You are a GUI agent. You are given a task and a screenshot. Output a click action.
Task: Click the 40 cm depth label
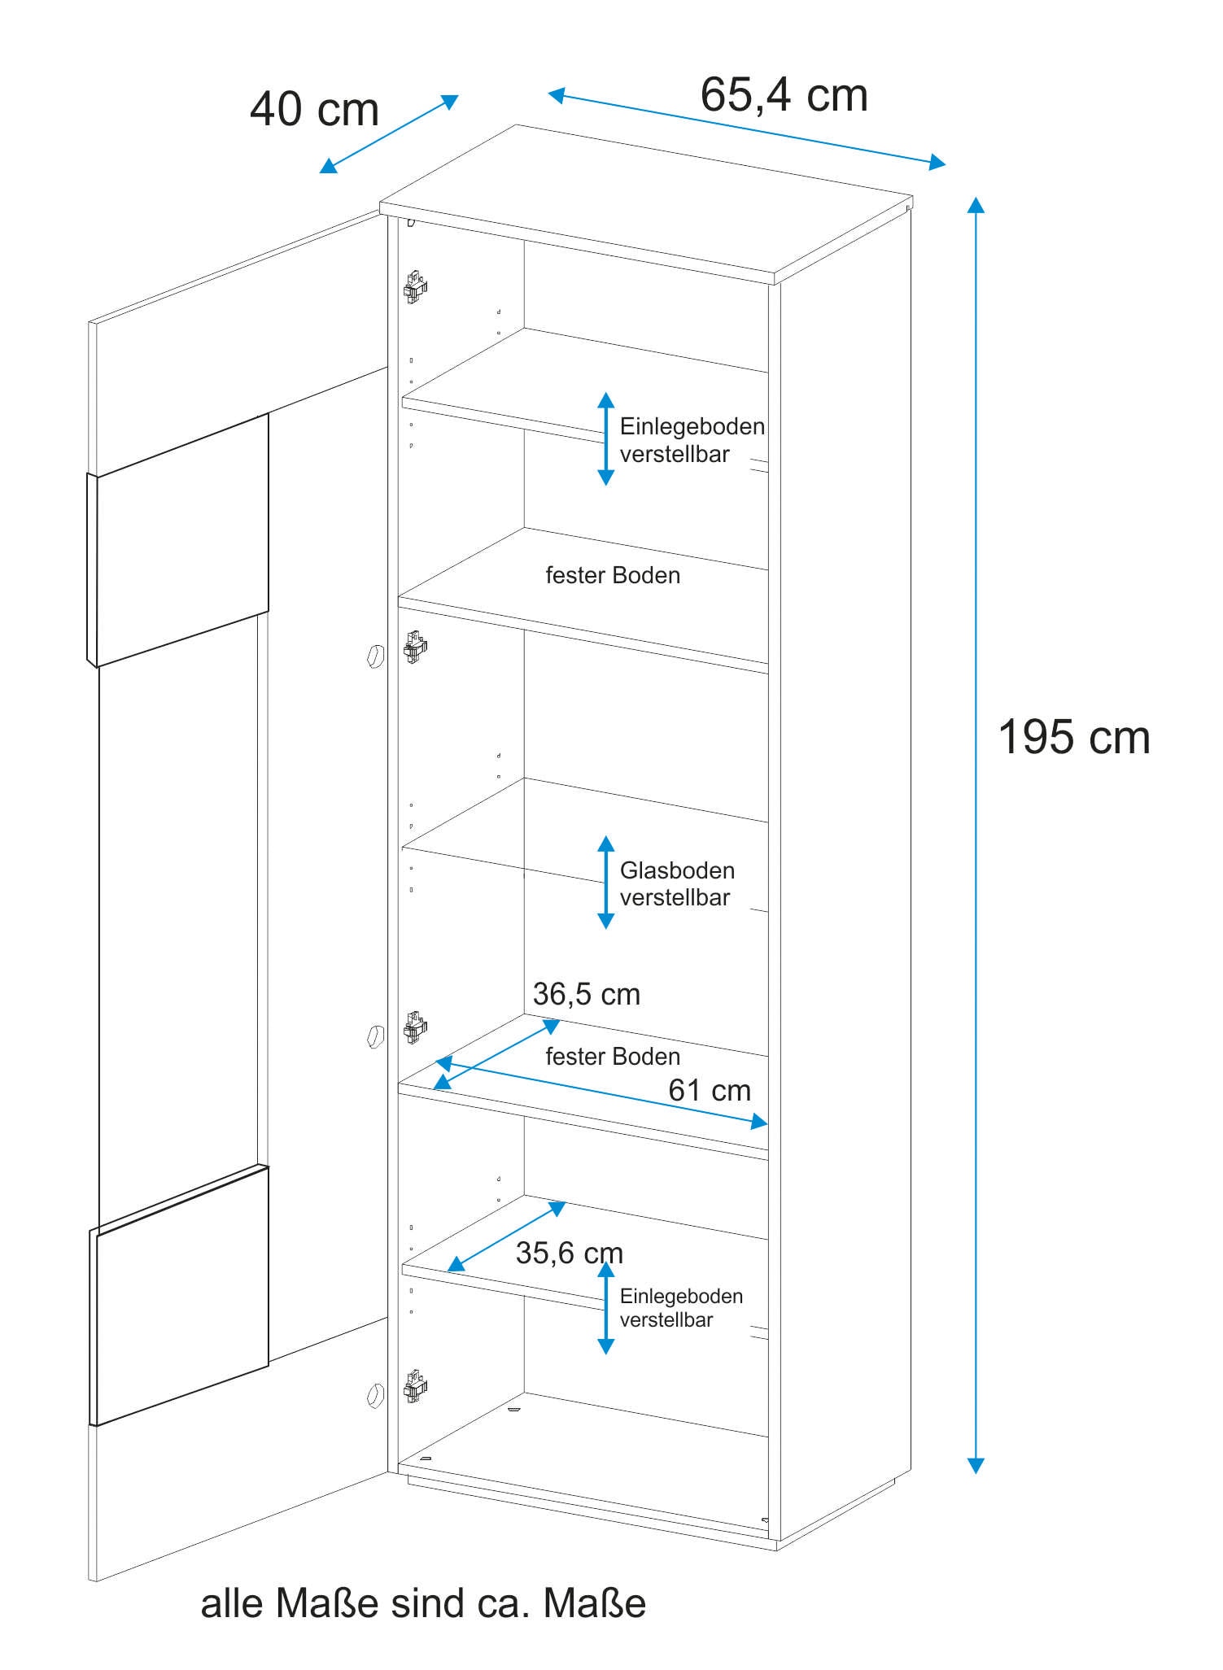[x=314, y=110]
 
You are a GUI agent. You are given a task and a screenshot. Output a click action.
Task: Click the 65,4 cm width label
[x=784, y=95]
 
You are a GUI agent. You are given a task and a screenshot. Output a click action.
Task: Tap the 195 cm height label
[x=1073, y=738]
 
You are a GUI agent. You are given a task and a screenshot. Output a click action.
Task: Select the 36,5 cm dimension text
[x=586, y=994]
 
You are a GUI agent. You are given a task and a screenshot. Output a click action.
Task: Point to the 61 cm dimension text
[x=709, y=1090]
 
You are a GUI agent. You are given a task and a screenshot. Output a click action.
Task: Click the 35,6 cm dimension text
[x=569, y=1253]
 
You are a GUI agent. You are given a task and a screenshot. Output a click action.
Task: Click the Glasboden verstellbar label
[x=676, y=884]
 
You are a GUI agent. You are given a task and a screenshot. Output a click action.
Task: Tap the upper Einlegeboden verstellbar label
[x=692, y=440]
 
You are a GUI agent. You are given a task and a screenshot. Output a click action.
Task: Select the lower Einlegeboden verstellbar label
[x=680, y=1307]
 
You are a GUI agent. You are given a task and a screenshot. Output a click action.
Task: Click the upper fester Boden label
[x=613, y=576]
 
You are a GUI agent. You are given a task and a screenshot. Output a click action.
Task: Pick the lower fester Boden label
[x=613, y=1057]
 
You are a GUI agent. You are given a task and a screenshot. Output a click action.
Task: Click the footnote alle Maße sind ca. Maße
[x=423, y=1603]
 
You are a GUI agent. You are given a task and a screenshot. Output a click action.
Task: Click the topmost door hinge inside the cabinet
[x=415, y=287]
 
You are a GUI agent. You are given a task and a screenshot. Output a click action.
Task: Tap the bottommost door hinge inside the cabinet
[x=415, y=1387]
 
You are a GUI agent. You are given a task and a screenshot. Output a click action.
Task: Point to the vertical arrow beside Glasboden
[x=605, y=883]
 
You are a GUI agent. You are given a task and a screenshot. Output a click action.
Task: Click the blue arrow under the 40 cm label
[x=389, y=134]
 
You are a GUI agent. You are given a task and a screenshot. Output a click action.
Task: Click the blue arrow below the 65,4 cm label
[x=746, y=130]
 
